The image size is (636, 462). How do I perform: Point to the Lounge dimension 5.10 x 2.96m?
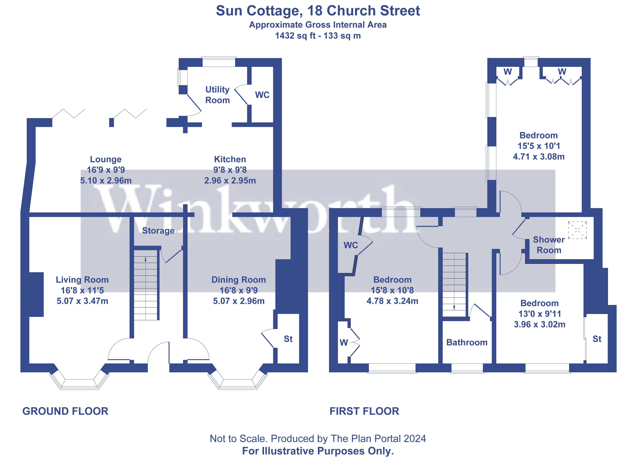[x=106, y=181]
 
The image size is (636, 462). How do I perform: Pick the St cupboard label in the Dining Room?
[x=288, y=339]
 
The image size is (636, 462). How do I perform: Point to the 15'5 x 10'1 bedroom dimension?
[x=538, y=146]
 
